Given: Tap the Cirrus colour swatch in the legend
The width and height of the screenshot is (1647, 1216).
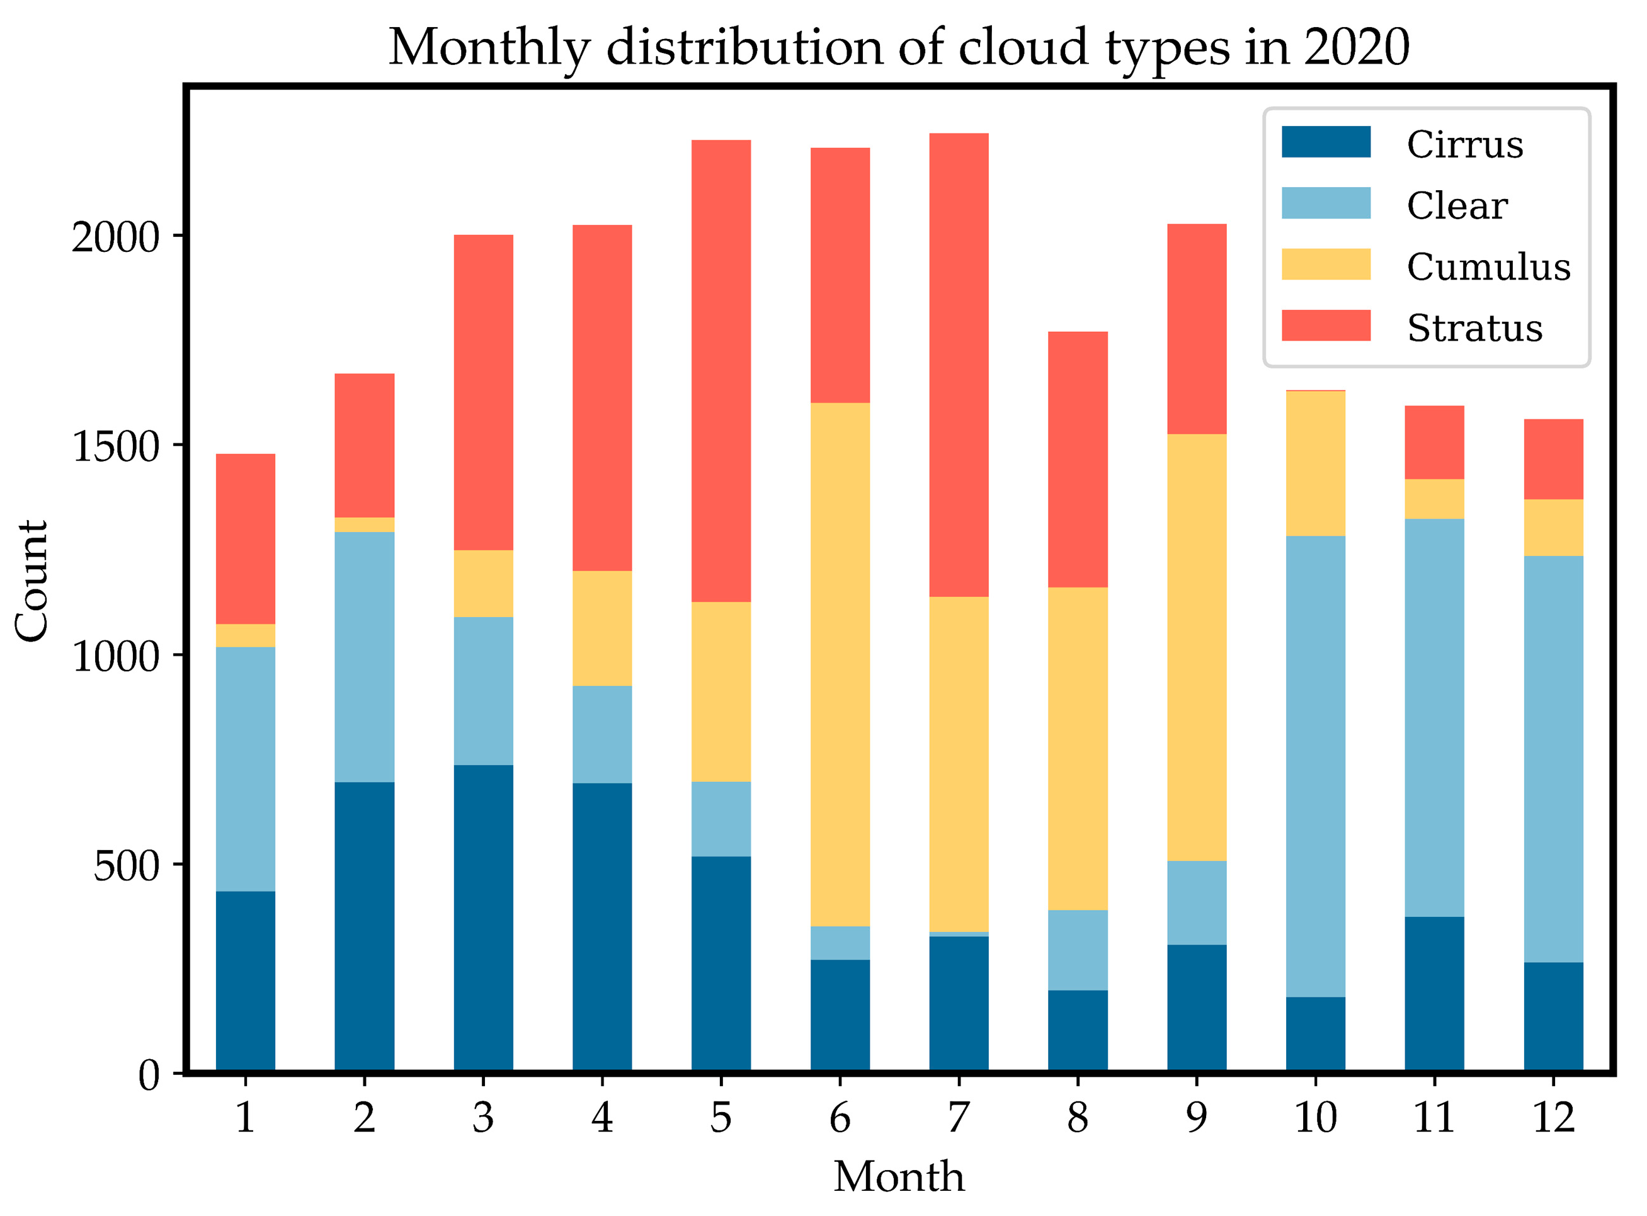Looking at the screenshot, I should [x=1325, y=142].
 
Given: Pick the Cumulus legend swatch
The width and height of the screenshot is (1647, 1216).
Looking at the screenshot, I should [x=1325, y=264].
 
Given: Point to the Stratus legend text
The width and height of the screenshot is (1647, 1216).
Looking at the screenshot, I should [x=1474, y=327].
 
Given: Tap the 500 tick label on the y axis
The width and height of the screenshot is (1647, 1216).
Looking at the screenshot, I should [x=127, y=867].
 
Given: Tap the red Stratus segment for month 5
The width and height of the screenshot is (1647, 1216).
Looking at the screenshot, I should [x=721, y=370].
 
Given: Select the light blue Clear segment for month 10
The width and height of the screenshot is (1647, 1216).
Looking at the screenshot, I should [x=1315, y=766].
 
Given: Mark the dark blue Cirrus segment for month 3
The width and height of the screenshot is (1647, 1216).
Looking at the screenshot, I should [x=483, y=918].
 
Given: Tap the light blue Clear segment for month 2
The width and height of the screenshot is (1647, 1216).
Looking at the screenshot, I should [x=363, y=657].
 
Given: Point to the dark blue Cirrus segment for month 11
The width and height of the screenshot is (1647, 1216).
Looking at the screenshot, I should [x=1433, y=994].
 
